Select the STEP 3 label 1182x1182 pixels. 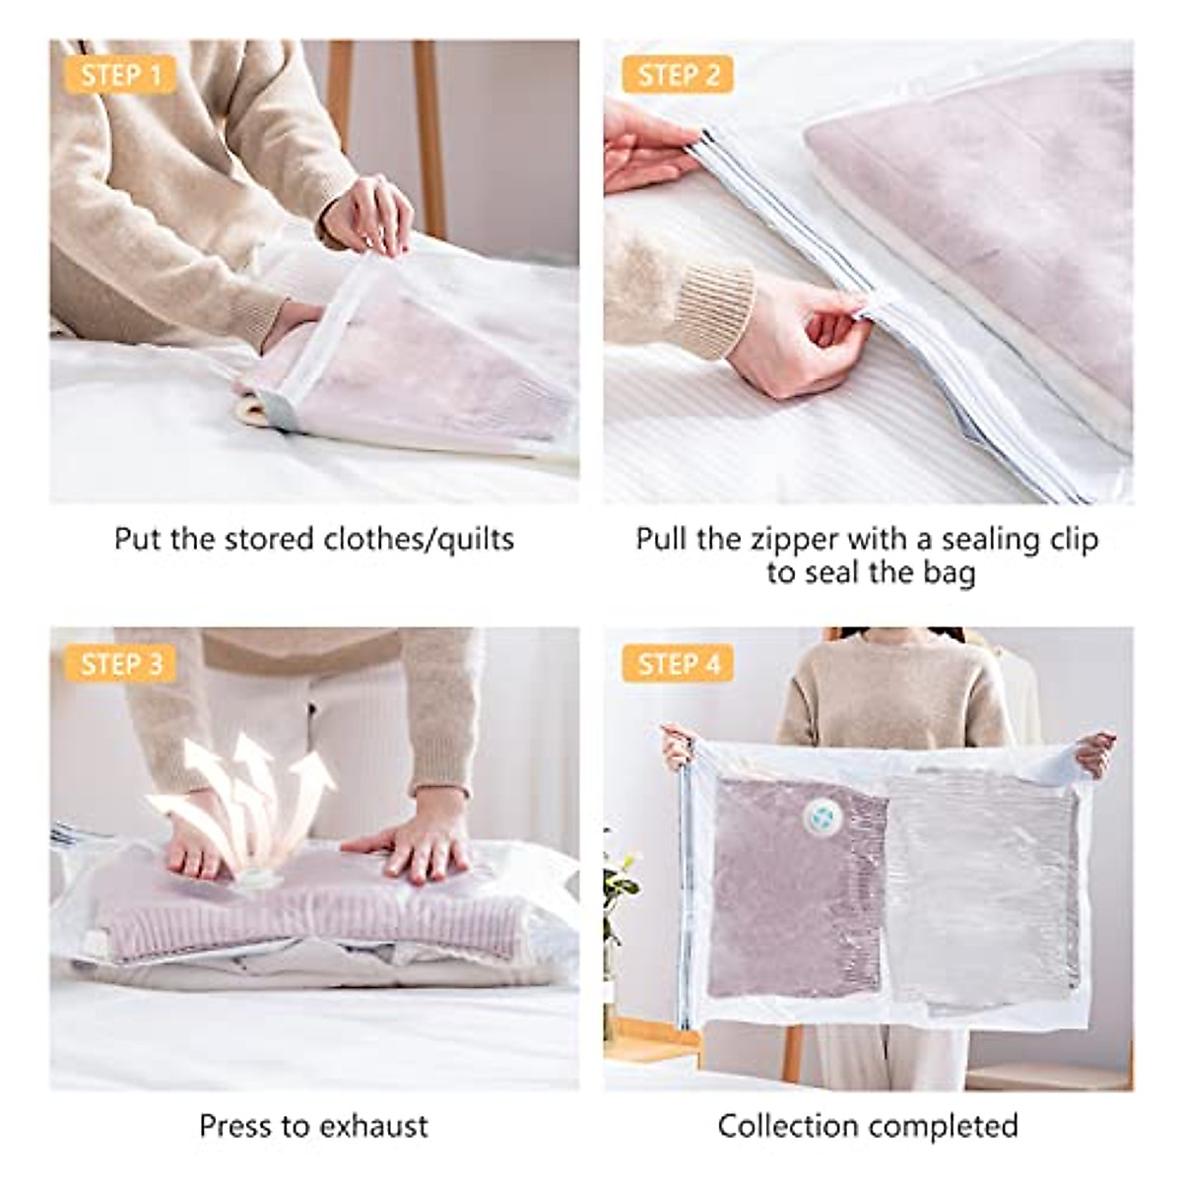(121, 664)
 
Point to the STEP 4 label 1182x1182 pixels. (679, 664)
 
